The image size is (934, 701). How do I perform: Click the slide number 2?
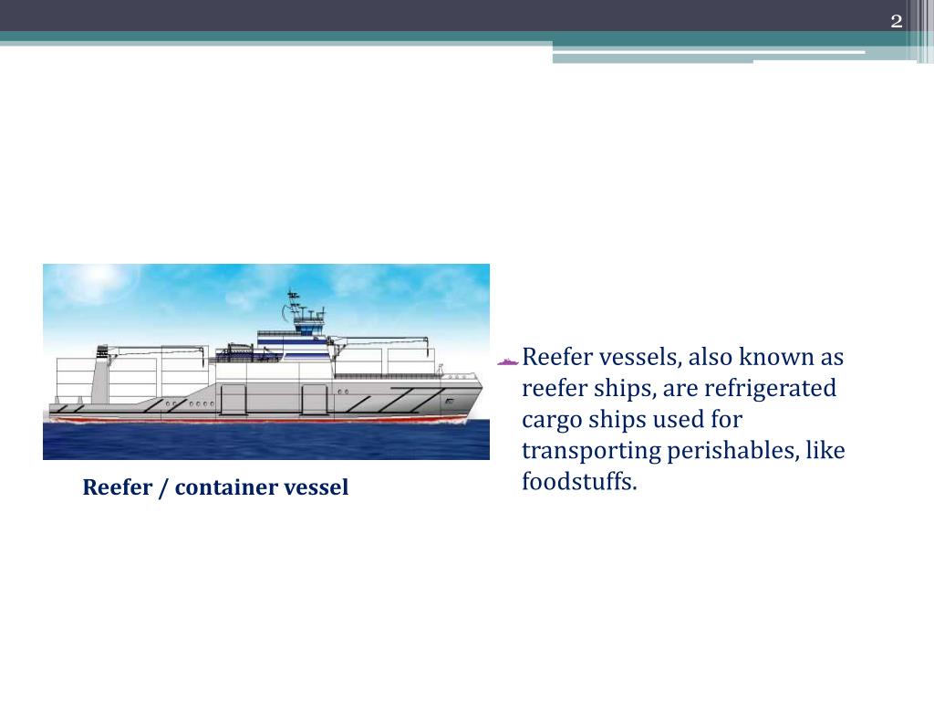pyautogui.click(x=896, y=22)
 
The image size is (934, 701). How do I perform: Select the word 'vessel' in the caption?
pyautogui.click(x=317, y=487)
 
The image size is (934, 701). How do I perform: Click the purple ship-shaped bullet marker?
pyautogui.click(x=508, y=361)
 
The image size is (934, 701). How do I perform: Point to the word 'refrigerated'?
pyautogui.click(x=781, y=389)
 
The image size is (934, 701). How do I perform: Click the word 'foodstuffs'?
pyautogui.click(x=576, y=481)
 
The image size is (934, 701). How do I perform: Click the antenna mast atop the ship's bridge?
pyautogui.click(x=293, y=300)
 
